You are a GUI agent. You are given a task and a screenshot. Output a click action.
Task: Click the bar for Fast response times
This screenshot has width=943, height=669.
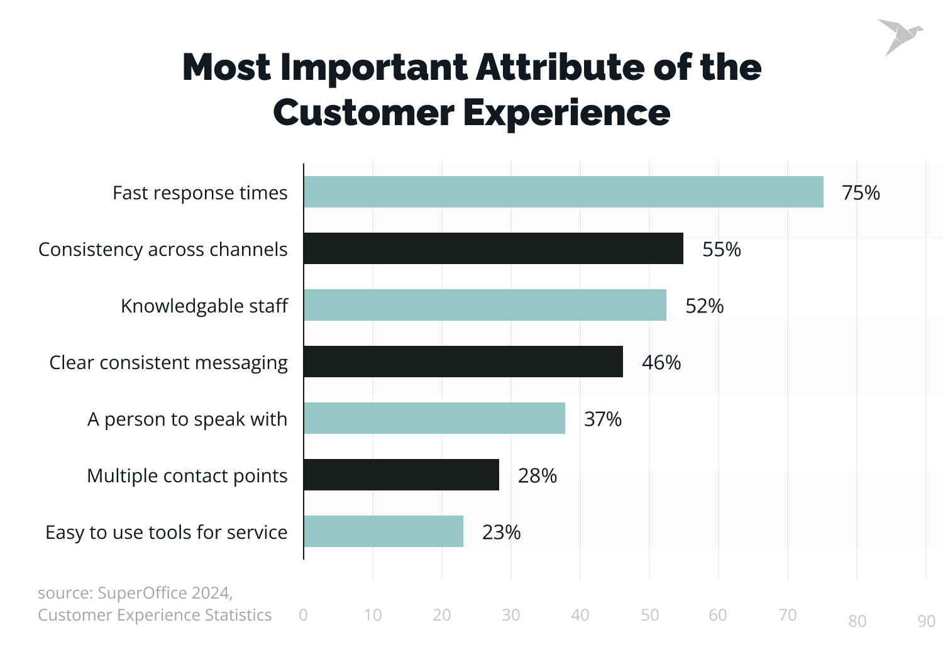coord(563,192)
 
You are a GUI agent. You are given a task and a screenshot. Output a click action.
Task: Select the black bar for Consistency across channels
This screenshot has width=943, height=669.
coord(494,248)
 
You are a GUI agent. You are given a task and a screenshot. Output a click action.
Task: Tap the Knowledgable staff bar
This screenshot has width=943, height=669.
coord(485,305)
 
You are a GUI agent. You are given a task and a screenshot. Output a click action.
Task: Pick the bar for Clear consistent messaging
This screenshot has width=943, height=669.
coord(463,362)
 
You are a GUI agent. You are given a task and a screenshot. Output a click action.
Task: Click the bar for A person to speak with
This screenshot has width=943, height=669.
coord(434,418)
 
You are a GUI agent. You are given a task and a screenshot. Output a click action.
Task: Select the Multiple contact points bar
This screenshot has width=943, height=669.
coord(401,475)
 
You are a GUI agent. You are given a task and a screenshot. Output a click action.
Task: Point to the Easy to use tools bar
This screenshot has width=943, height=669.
coord(383,531)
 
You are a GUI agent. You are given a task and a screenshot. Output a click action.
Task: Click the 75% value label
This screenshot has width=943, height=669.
coord(861,192)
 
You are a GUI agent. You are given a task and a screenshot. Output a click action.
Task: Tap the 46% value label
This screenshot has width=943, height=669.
coord(661,362)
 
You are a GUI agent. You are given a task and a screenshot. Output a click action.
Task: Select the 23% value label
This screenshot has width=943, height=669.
coord(501,532)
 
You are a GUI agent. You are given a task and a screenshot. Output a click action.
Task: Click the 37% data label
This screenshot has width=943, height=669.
coord(602,419)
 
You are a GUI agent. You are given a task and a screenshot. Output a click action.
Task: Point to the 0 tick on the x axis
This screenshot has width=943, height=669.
coord(304,615)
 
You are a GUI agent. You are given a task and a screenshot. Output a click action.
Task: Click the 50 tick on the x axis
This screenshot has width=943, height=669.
coord(649,615)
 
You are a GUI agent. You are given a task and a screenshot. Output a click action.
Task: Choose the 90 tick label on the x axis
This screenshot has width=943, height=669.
coord(926,621)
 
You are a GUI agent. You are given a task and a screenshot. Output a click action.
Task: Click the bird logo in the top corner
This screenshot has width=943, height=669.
coord(899,36)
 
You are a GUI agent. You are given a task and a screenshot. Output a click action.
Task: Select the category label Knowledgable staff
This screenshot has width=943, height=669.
coord(204,306)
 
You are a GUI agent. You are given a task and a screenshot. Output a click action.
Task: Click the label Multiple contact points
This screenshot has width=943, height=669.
coord(187,475)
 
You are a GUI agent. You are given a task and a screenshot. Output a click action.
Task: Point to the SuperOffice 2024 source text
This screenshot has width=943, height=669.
coord(165,593)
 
